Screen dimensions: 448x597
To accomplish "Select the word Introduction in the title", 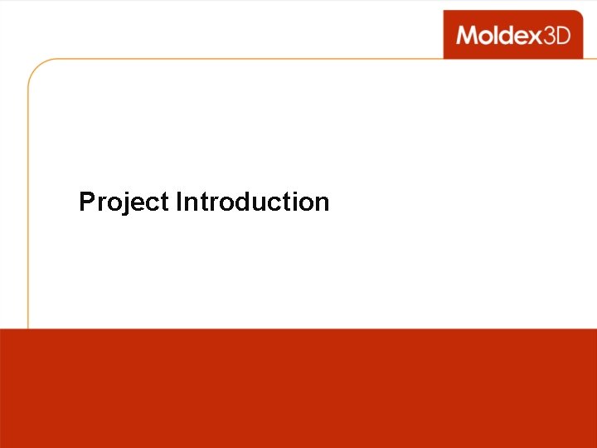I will (x=252, y=202).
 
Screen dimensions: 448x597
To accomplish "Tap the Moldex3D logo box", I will (x=512, y=34).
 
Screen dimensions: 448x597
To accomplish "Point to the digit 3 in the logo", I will (x=547, y=35).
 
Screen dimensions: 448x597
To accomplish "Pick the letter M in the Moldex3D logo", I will (x=466, y=35).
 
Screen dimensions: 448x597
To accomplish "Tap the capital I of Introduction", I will (x=178, y=202).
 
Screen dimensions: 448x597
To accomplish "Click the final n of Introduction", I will (x=322, y=204).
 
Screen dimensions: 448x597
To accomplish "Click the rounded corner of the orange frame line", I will (x=35, y=66).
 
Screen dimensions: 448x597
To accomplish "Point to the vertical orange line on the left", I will (x=29, y=207).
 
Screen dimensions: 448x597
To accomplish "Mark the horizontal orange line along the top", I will (x=249, y=59).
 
